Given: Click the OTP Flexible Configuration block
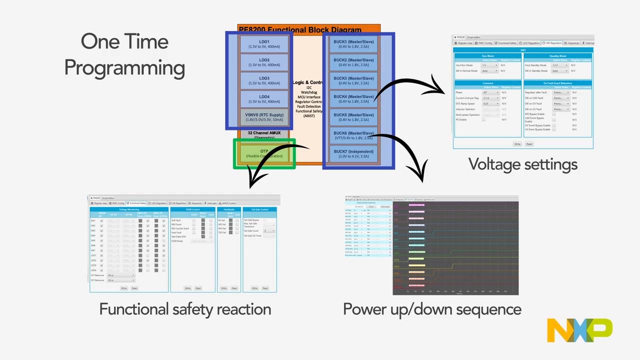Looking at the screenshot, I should (264, 153).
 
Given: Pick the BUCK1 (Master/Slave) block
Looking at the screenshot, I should (354, 44).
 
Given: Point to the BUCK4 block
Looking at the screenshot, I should (354, 99).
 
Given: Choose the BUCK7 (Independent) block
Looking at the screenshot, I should (354, 153).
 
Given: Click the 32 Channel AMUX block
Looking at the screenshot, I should (264, 134).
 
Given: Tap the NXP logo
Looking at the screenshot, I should (579, 330).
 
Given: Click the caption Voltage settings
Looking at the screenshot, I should (522, 164).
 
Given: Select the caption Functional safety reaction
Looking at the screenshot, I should (185, 309).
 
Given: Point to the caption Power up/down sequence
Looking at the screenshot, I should (432, 309).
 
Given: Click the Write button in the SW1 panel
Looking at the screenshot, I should (517, 144).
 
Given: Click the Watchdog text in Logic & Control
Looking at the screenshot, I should (308, 92).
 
